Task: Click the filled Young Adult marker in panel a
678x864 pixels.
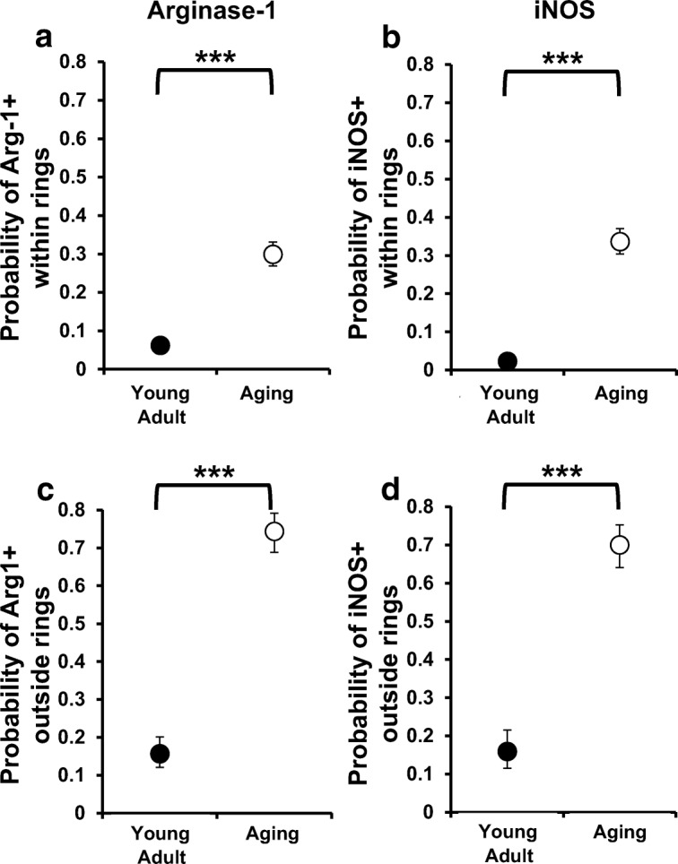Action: point(161,345)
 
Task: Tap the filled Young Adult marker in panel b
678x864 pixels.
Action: point(508,361)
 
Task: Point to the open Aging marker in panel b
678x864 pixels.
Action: point(620,241)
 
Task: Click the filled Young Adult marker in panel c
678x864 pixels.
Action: point(160,753)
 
